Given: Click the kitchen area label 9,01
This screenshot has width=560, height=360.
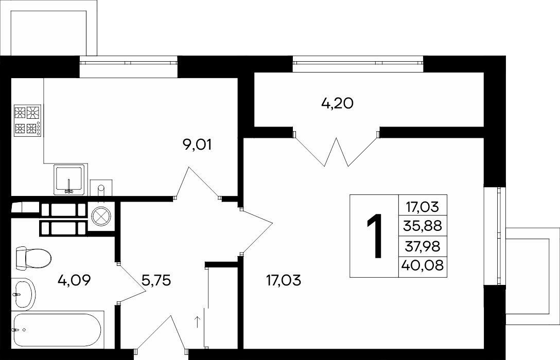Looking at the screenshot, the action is click(x=197, y=145).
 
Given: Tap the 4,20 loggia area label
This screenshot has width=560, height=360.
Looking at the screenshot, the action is click(x=337, y=103).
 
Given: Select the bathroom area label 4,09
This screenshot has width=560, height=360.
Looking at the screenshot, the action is click(x=74, y=280).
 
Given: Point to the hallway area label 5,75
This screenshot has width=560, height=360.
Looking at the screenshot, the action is click(x=156, y=280).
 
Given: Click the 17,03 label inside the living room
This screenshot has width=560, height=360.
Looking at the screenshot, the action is click(x=284, y=280).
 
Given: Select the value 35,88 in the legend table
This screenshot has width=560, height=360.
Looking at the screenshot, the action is click(x=423, y=226).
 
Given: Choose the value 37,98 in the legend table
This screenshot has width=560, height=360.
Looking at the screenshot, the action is click(x=423, y=246).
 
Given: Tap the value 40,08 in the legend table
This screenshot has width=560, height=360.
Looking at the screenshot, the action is click(x=423, y=265).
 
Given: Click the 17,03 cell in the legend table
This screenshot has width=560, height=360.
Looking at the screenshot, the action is click(x=423, y=206).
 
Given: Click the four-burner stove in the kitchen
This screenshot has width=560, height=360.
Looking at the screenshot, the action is click(x=27, y=120).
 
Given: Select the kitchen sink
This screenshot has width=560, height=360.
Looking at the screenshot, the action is click(x=69, y=179).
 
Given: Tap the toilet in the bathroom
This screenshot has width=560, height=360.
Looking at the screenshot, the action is click(x=33, y=258).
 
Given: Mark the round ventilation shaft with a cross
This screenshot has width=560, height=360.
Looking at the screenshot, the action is click(x=101, y=216).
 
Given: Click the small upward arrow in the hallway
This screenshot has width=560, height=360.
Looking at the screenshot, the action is click(x=197, y=321).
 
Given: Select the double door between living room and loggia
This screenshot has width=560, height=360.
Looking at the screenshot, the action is click(x=336, y=150).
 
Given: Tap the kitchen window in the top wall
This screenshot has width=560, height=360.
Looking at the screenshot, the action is click(x=129, y=62).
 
